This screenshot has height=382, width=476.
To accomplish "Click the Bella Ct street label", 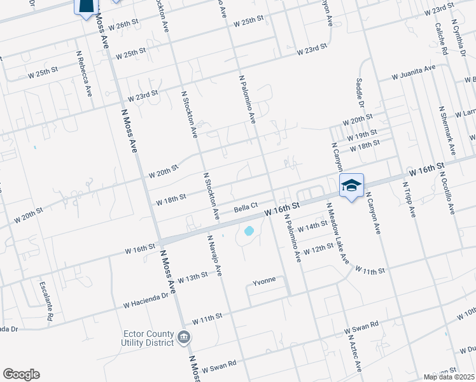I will point(245,206).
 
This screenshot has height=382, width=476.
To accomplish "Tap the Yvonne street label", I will point(264,281).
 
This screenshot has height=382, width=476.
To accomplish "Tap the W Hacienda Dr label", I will point(146,299).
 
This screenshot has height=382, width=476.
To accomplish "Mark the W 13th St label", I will point(193,278).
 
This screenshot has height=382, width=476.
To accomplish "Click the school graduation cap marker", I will point(351,186).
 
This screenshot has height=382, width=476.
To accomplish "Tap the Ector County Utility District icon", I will point(184,337).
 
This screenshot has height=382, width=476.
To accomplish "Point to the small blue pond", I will point(249,230).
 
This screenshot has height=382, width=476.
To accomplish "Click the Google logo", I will point(21,374).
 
